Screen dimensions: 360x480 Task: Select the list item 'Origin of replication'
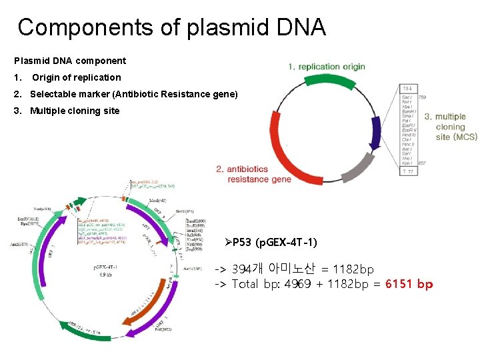coord(77,77)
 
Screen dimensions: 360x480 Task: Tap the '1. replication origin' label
coord(327,67)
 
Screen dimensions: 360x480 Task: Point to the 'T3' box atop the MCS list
coord(407,88)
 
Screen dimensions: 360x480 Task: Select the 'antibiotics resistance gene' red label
coord(254,174)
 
